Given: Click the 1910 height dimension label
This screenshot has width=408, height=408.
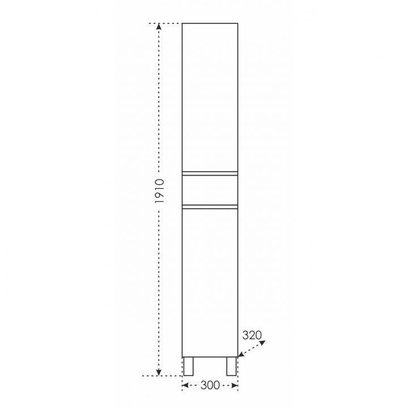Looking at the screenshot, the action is click(160, 191).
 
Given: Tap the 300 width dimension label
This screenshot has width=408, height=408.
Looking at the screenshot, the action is click(210, 385).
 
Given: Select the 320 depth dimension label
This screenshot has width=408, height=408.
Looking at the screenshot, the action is click(252, 335).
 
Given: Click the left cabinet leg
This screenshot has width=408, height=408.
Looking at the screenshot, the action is click(188, 367).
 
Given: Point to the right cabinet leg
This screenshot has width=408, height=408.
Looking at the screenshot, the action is click(231, 367).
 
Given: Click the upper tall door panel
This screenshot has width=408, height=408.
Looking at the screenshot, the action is click(210, 97).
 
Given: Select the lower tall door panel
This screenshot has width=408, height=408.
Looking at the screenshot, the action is click(210, 283).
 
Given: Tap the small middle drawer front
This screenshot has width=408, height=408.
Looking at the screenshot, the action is click(210, 190).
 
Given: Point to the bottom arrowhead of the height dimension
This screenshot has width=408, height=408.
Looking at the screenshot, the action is click(159, 372).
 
